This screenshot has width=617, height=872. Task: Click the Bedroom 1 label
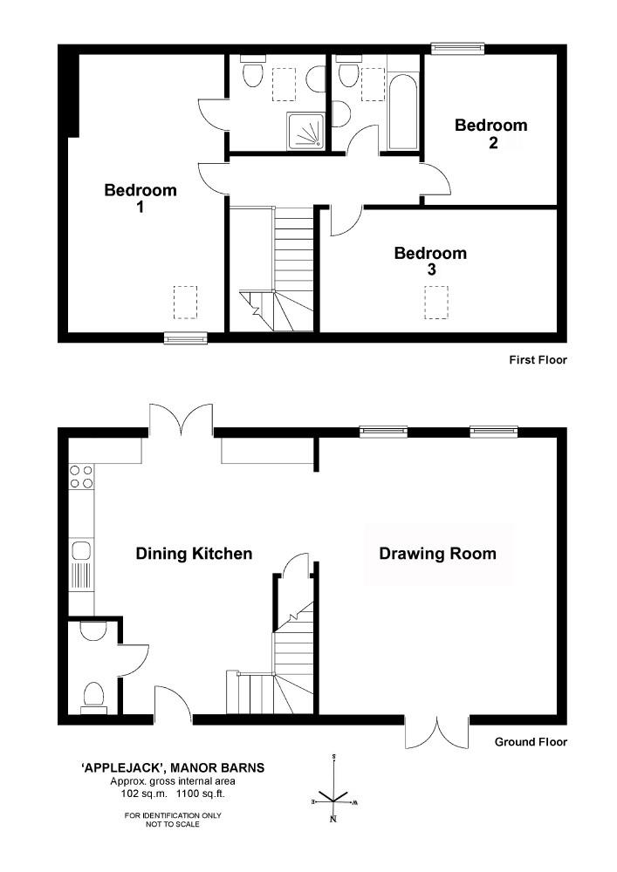coord(141,198)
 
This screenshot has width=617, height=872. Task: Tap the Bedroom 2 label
coord(490,133)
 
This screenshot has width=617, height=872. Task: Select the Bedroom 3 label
coord(430,261)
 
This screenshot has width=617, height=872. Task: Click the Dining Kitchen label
coord(194,554)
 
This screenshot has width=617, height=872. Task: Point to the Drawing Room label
coord(437,554)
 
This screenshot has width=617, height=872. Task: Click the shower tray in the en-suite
coord(306,132)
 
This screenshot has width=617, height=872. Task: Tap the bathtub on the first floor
coord(402,111)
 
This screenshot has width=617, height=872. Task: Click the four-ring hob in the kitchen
coord(81,477)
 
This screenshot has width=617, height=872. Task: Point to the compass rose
coord(333,788)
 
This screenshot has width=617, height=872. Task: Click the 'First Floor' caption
coord(538,360)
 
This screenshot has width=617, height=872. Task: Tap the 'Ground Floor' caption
coord(531,742)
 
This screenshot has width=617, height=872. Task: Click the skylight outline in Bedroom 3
coord(436,303)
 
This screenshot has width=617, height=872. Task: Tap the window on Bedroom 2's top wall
coord(458,48)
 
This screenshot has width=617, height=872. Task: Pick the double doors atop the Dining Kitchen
coord(181,419)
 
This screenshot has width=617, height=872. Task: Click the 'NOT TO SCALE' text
coord(173,824)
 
